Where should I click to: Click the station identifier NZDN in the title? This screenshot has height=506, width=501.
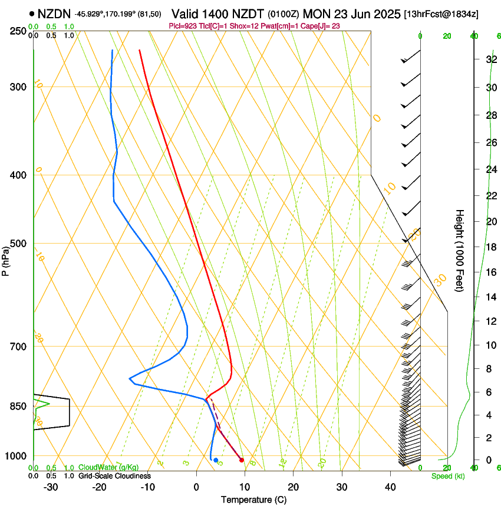point(54,13)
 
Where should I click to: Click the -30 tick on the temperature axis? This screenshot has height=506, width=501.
point(51,487)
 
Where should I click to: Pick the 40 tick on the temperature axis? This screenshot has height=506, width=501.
point(390,487)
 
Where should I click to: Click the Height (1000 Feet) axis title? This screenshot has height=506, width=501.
point(460,251)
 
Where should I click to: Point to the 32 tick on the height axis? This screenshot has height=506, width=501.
point(490,59)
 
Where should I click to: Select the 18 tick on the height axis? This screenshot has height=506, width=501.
point(490,247)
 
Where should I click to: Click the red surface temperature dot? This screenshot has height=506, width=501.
point(242,460)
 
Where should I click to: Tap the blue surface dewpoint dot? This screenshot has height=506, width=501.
point(216,460)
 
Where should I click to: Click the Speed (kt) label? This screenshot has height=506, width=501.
point(447,476)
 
